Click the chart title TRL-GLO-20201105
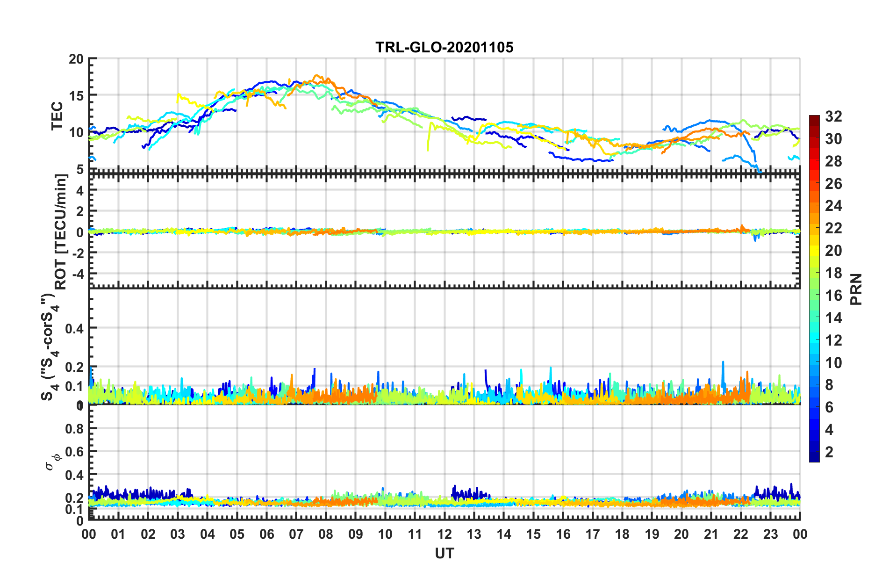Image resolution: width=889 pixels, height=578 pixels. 444,47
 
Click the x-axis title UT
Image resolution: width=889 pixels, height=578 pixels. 444,554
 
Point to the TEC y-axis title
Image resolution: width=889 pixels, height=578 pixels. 57,116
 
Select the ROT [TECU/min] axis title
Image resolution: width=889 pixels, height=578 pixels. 61,232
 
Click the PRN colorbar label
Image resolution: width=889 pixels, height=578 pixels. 856,289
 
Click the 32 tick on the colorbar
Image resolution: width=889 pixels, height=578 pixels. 833,116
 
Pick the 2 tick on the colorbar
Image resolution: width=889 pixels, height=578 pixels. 829,452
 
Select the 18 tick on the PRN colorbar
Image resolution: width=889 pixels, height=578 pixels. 833,273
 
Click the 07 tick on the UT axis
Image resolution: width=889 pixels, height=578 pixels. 296,534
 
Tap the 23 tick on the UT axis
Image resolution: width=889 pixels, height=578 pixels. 770,534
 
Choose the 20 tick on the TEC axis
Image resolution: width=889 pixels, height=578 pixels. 76,59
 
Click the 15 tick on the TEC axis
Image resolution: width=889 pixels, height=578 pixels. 76,96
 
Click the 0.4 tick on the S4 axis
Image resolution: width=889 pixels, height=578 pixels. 74,328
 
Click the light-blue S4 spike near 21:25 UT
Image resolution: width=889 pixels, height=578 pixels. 723,362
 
